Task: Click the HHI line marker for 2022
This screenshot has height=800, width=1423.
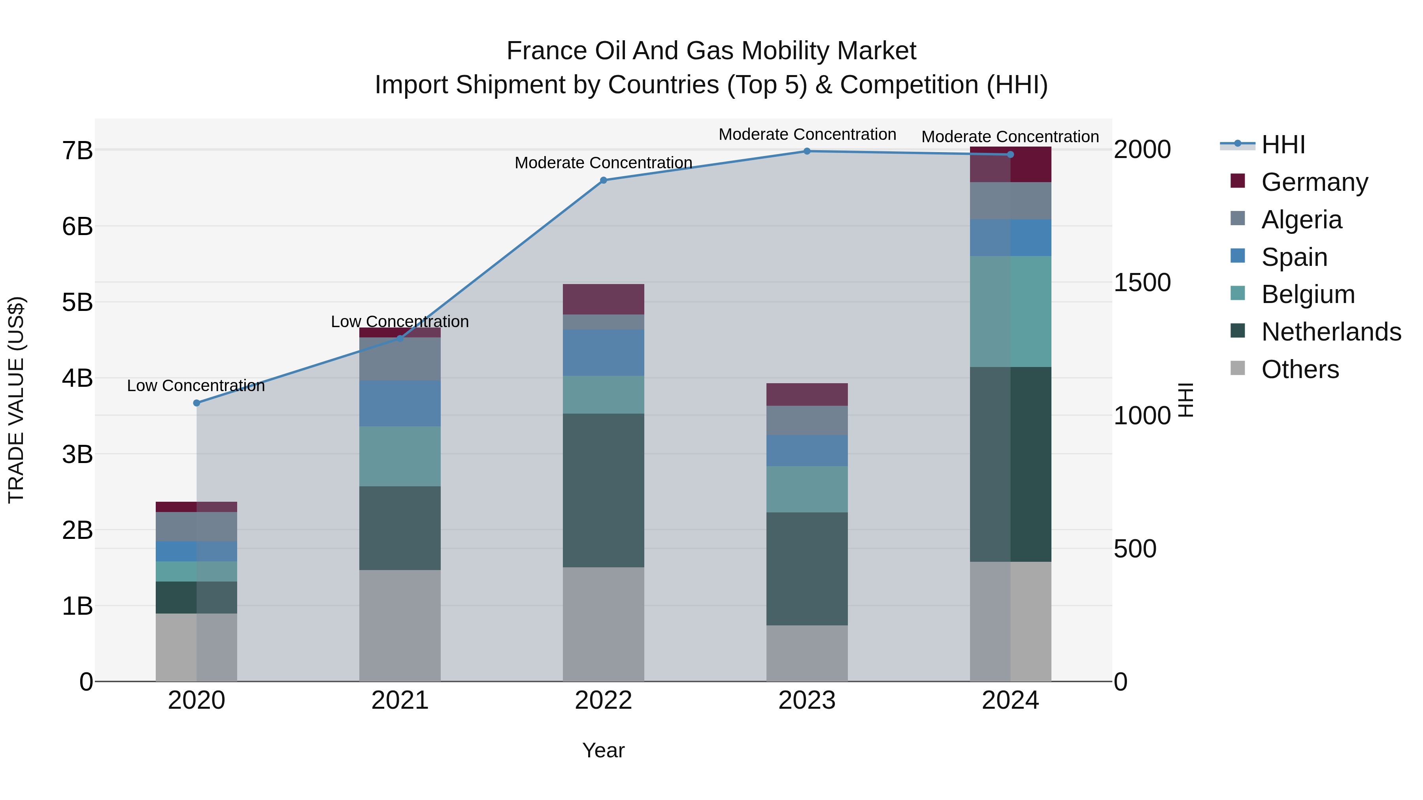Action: pyautogui.click(x=603, y=180)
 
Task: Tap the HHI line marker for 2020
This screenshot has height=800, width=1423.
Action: pyautogui.click(x=197, y=403)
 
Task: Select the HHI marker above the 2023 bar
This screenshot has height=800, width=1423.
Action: pyautogui.click(x=807, y=151)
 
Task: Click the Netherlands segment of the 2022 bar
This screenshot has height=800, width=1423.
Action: pyautogui.click(x=603, y=490)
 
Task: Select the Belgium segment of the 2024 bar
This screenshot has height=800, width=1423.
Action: pyautogui.click(x=1010, y=311)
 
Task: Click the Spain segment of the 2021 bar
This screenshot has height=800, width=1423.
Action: pyautogui.click(x=400, y=403)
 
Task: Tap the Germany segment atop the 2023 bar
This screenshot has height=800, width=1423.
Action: pyautogui.click(x=807, y=394)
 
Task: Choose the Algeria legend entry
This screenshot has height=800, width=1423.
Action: pyautogui.click(x=1301, y=220)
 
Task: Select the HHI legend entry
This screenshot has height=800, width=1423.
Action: pyautogui.click(x=1283, y=145)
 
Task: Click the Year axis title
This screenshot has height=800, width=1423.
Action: pyautogui.click(x=603, y=750)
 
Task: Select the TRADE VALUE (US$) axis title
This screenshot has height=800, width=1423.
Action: pyautogui.click(x=17, y=400)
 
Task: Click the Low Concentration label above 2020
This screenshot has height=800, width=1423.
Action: pyautogui.click(x=196, y=385)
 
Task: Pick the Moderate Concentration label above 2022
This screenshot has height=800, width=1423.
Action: pyautogui.click(x=603, y=163)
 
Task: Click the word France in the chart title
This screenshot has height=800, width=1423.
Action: pyautogui.click(x=546, y=51)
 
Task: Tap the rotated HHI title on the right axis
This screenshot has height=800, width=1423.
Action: pyautogui.click(x=1185, y=400)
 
